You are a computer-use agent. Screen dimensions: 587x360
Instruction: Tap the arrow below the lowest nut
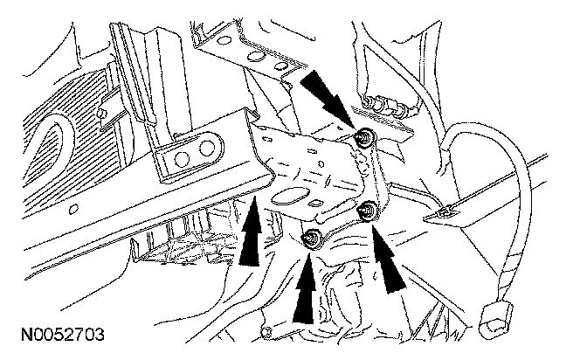(307, 293)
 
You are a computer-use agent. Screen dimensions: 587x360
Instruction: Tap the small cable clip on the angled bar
(444, 211)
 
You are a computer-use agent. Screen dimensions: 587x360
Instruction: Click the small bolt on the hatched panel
(103, 114)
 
